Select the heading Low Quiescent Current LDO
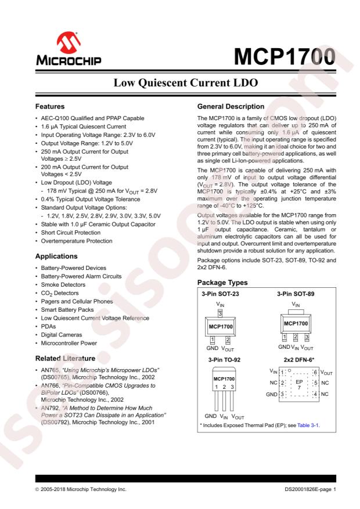coord(180,85)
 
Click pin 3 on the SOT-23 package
coord(220,313)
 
